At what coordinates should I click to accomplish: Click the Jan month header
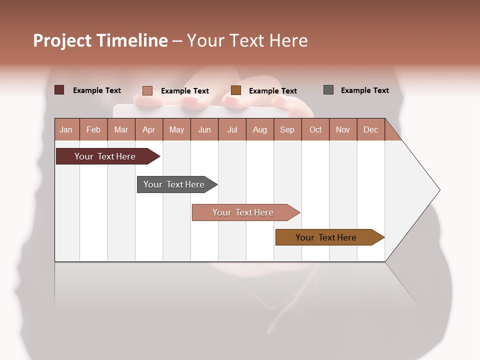click(x=66, y=129)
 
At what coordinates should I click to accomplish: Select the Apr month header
click(x=148, y=129)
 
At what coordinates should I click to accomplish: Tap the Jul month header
click(x=232, y=129)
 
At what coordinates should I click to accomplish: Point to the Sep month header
click(x=287, y=129)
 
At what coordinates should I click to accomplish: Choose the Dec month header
click(x=370, y=129)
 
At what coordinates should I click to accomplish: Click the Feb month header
click(x=93, y=129)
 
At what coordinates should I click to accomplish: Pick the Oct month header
click(x=315, y=129)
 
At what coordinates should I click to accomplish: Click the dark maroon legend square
click(x=59, y=90)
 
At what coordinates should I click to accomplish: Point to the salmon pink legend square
click(x=147, y=90)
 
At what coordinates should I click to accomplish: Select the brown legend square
click(x=236, y=90)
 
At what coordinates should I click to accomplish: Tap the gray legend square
click(x=328, y=90)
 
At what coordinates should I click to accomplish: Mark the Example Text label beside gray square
click(x=364, y=90)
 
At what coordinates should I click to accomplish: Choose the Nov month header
click(x=343, y=129)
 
